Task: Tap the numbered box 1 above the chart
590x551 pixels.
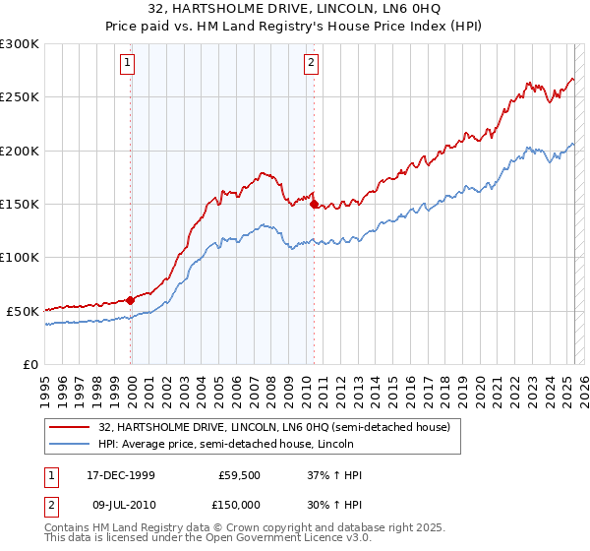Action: [x=129, y=65]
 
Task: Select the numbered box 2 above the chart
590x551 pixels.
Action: [x=311, y=65]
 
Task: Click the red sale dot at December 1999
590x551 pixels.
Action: [x=131, y=300]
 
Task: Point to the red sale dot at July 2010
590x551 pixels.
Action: [x=314, y=205]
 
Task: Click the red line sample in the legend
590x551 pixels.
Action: [x=71, y=427]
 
